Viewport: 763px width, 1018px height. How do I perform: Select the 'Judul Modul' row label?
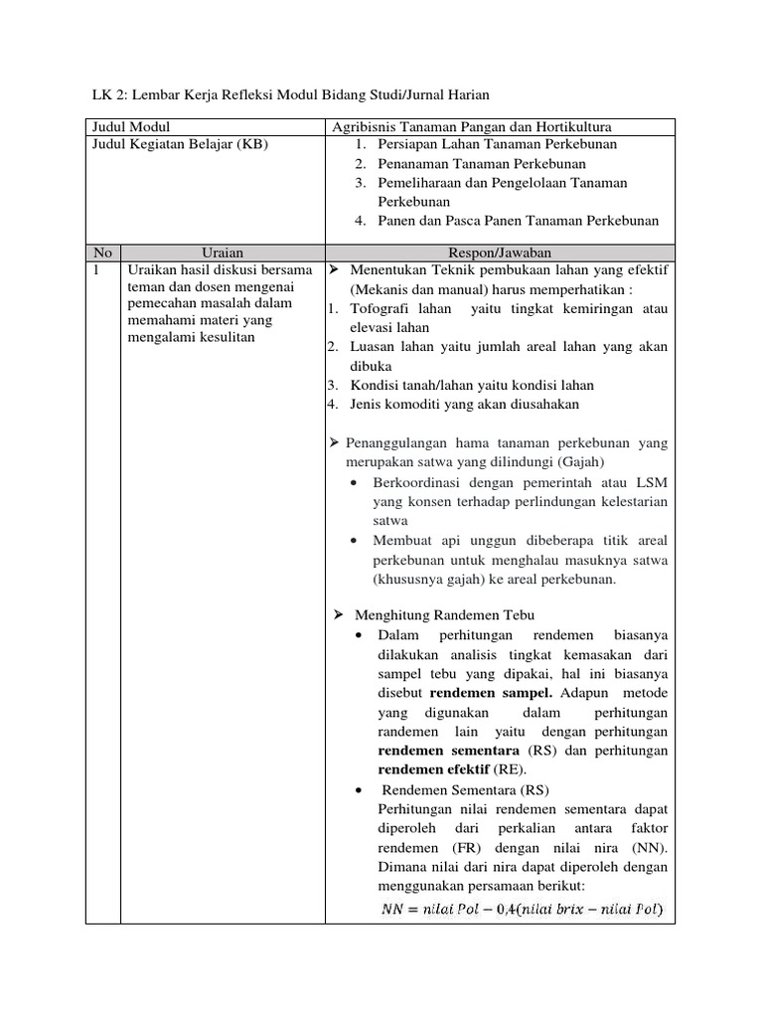click(x=130, y=127)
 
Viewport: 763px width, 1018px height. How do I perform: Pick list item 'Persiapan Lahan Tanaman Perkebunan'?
click(x=497, y=145)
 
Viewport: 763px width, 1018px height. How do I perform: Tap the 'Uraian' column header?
click(x=223, y=253)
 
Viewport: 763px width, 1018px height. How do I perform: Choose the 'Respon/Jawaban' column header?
click(x=500, y=253)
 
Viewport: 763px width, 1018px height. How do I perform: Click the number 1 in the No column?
click(x=95, y=270)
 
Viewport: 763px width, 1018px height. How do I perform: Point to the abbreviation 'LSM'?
click(x=652, y=482)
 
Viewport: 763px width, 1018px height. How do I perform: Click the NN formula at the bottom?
click(x=523, y=909)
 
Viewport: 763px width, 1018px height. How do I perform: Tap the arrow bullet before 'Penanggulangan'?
click(x=335, y=441)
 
